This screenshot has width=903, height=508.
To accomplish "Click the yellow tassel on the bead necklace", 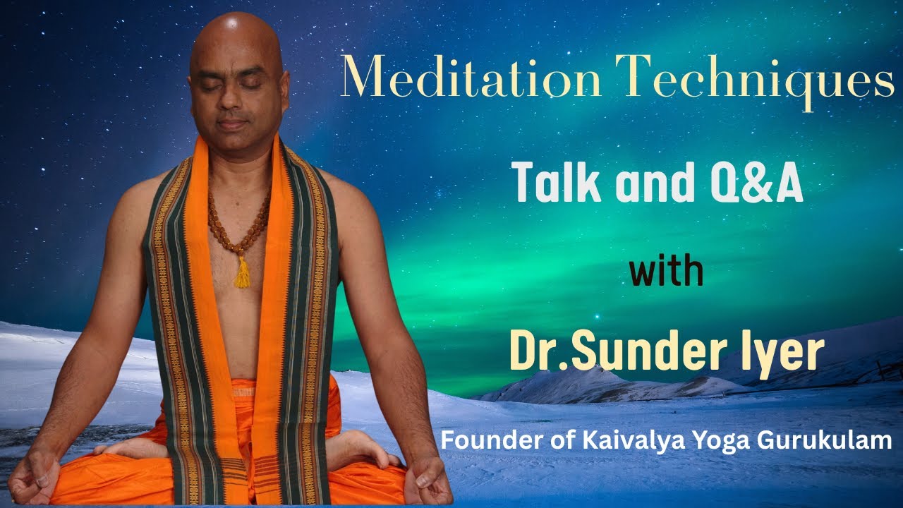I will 242,274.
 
